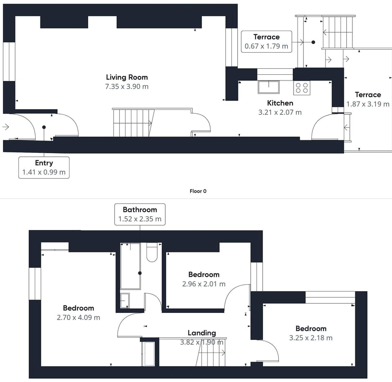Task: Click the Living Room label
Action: [127, 77]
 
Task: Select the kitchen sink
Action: [269, 87]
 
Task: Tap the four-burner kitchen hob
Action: [302, 88]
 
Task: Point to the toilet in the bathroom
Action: [152, 252]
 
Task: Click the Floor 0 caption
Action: [198, 191]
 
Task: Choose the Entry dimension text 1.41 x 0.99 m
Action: [44, 172]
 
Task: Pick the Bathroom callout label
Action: [140, 210]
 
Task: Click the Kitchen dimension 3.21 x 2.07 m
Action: [280, 112]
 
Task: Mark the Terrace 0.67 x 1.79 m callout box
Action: [267, 42]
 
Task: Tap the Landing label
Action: [202, 333]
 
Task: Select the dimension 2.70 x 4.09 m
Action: [78, 317]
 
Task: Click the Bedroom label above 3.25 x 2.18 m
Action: [311, 328]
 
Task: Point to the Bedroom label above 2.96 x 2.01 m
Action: [204, 275]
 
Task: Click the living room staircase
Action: [134, 123]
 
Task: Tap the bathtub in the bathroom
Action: [130, 266]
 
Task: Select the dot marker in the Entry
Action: [44, 127]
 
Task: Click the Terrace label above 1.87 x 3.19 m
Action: [368, 95]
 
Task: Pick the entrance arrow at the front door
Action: [5, 127]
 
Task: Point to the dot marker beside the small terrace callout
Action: [313, 42]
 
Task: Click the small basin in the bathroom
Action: [125, 300]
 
